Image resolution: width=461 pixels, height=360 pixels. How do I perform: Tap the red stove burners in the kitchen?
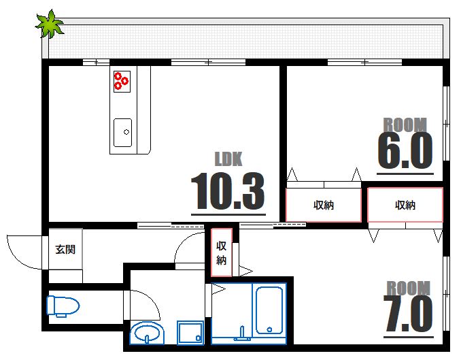click(122, 80)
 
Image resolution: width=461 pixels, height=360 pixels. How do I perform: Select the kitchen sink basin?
click(123, 132)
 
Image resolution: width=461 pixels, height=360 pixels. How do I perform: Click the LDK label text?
click(228, 159)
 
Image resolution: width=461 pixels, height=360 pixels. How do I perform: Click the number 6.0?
click(405, 150)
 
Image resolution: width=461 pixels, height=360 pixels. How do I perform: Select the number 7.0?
click(408, 314)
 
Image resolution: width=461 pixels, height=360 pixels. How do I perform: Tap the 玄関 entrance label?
click(65, 249)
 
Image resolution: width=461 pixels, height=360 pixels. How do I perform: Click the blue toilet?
click(61, 306)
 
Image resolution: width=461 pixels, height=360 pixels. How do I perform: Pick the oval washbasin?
click(146, 334)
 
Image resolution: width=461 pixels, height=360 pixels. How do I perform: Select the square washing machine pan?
click(190, 333)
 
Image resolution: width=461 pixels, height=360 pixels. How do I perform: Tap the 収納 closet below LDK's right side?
click(324, 206)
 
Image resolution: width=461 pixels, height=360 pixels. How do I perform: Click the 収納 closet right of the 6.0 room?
click(405, 205)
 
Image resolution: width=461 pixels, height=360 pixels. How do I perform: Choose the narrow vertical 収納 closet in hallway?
click(221, 252)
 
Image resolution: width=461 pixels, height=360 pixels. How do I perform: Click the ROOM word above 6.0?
click(405, 125)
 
